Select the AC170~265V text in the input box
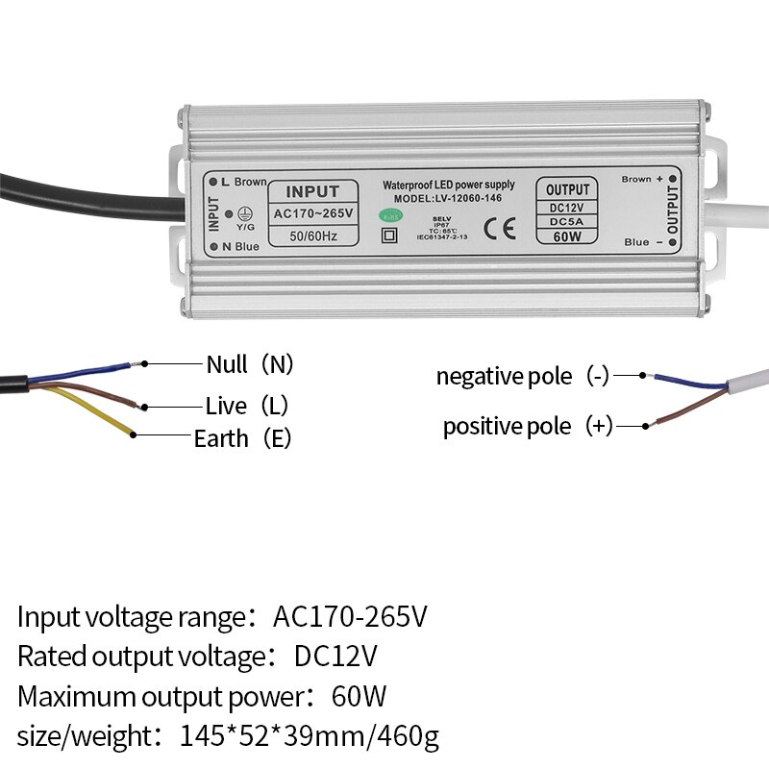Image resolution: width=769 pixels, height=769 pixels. point(312,212)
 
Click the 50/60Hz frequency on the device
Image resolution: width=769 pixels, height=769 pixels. point(312,236)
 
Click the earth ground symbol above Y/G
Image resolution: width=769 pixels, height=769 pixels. point(244,213)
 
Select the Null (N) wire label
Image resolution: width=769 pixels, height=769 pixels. point(249,364)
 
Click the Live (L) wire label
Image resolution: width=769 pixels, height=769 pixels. point(247,406)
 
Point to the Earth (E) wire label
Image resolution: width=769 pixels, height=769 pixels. point(242,438)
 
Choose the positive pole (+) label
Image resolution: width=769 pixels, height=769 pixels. point(527,426)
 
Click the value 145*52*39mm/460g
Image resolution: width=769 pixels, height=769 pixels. point(310,737)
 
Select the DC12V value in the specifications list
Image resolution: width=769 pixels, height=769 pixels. point(335,657)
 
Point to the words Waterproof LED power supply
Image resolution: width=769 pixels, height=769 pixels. point(448,185)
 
